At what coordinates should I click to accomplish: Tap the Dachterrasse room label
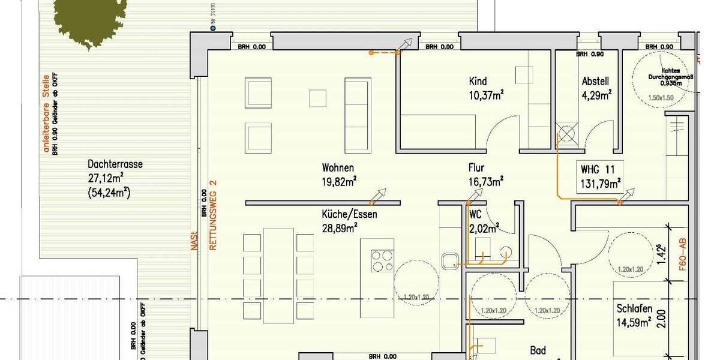point(115,164)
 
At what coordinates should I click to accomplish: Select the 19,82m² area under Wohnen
point(338,181)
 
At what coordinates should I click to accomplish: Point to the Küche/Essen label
point(350,214)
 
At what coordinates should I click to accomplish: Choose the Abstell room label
point(595,82)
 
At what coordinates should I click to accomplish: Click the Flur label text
point(476,168)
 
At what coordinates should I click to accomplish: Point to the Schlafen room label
point(634,308)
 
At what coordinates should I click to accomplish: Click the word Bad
point(538,350)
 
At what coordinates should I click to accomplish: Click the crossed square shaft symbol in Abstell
point(566,133)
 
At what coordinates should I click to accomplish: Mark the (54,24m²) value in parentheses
point(109,193)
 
